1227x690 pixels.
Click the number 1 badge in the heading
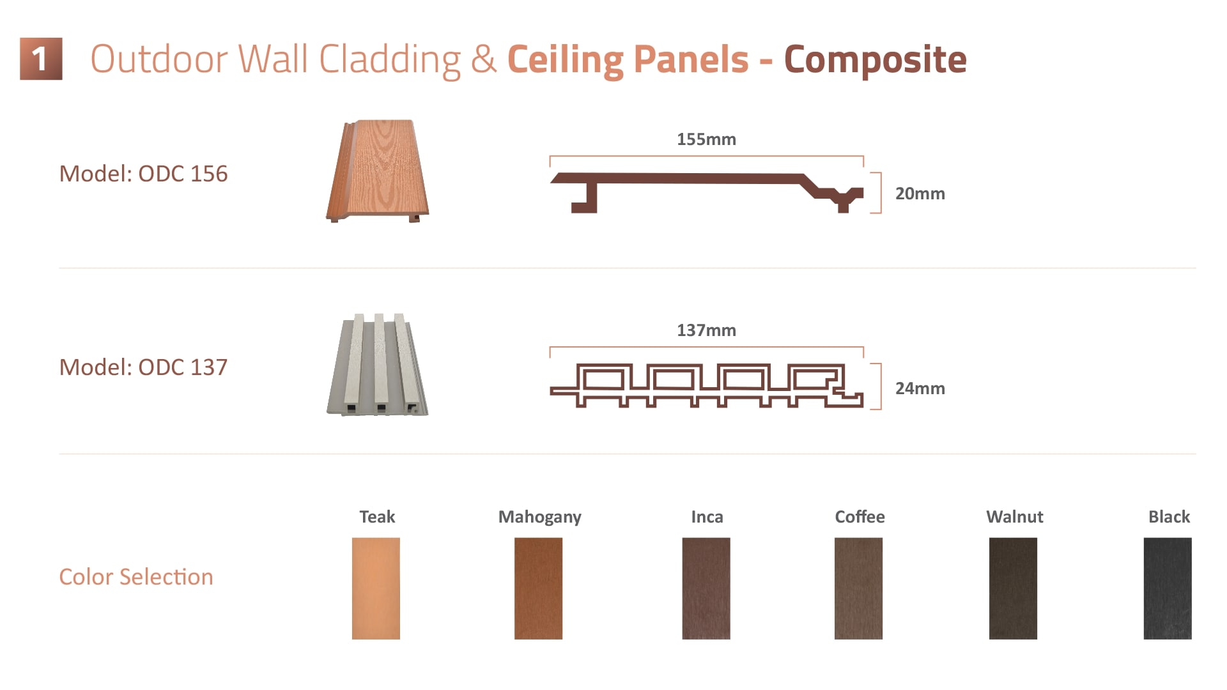click(41, 59)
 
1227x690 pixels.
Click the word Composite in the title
click(875, 60)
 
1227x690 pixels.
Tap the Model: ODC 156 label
click(143, 174)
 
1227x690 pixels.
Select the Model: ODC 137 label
click(143, 367)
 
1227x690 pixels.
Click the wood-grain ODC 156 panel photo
click(377, 171)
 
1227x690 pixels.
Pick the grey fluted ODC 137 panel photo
click(377, 364)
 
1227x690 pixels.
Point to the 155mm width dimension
click(706, 139)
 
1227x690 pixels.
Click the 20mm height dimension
click(920, 194)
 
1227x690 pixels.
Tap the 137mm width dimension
click(706, 330)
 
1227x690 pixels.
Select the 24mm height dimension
click(920, 388)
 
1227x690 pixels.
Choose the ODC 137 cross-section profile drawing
click(706, 385)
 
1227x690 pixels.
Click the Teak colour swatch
click(376, 588)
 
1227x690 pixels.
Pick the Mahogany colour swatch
click(538, 588)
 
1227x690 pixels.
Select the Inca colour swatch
click(706, 588)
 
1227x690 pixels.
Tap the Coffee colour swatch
click(858, 588)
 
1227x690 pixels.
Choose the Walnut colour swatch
click(1013, 588)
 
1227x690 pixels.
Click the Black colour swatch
click(1168, 588)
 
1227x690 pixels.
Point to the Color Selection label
click(136, 577)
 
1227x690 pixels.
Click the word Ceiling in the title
click(565, 60)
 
